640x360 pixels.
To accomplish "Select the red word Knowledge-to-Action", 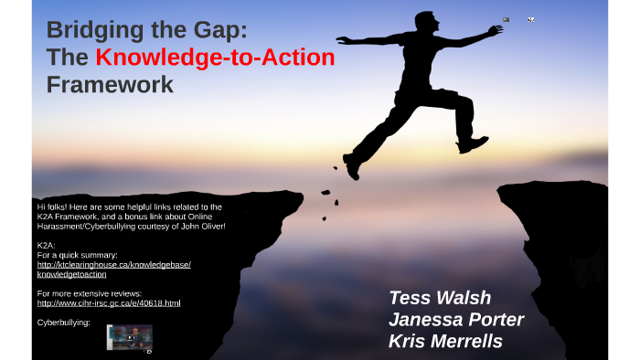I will pos(215,58).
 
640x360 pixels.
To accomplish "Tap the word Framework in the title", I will pos(110,86).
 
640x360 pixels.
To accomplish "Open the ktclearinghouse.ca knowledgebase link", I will pos(113,269).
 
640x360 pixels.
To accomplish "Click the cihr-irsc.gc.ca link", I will pos(109,302).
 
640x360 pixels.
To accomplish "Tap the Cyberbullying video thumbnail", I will pos(129,336).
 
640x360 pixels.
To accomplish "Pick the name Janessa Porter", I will pos(455,320).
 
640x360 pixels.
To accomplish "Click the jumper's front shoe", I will pos(475,143).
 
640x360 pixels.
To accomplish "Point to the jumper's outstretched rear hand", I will pos(340,41).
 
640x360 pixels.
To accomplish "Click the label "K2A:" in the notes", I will pos(47,245).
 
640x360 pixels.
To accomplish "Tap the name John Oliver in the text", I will pos(202,225).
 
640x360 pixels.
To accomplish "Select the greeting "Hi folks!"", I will pos(54,206).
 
